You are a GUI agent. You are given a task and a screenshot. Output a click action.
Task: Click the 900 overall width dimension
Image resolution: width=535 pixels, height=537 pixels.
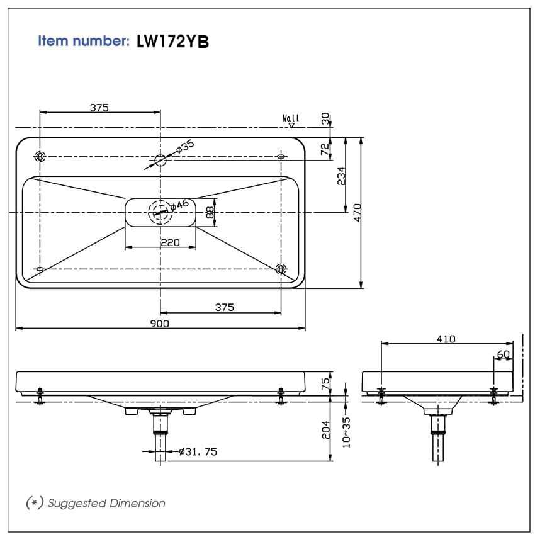coord(160,323)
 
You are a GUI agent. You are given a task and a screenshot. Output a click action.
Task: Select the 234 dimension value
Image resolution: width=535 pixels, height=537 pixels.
coord(341,176)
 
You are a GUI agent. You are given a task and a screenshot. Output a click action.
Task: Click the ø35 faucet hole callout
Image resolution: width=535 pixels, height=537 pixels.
coord(184,147)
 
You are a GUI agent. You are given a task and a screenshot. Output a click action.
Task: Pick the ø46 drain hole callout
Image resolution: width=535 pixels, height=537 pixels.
coord(180,205)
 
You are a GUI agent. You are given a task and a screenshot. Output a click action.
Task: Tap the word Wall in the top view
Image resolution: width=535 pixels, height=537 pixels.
coord(291,118)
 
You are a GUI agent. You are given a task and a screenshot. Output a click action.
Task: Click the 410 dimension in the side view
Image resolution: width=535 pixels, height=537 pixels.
coord(446,339)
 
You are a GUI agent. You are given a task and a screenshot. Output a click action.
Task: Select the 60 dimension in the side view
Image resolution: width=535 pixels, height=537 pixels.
coord(504,354)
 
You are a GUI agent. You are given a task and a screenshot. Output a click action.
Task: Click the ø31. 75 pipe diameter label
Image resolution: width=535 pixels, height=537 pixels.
coord(198,451)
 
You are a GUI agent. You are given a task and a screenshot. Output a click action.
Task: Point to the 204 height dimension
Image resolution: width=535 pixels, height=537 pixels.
coord(325,429)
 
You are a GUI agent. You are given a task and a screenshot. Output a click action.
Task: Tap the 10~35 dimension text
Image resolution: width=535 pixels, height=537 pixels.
coord(346,432)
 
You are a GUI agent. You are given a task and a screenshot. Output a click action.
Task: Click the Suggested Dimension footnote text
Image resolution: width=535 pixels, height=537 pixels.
coord(106,503)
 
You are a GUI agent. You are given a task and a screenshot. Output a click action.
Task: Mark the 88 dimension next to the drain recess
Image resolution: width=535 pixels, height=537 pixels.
coord(209,213)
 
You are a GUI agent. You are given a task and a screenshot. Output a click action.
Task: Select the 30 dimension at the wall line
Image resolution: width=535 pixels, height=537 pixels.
coord(325,118)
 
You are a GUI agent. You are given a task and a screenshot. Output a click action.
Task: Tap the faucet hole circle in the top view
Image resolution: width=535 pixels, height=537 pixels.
coord(160,161)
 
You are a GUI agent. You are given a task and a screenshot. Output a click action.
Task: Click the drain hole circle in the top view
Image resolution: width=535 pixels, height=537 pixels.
coord(160,212)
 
